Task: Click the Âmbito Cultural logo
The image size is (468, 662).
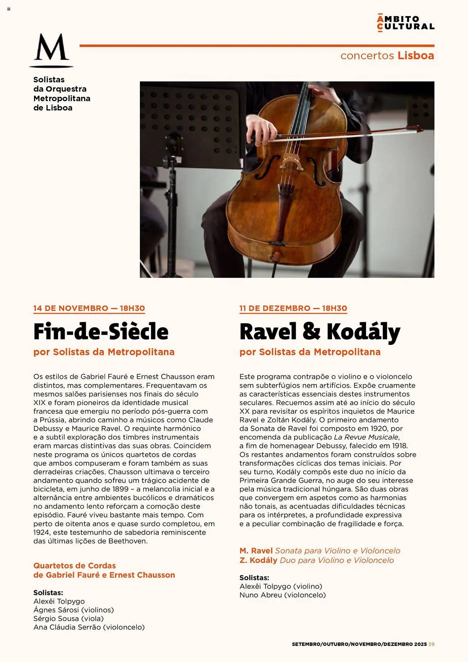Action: (405, 23)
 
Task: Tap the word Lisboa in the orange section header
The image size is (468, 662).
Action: (416, 56)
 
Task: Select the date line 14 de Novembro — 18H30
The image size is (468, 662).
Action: (89, 308)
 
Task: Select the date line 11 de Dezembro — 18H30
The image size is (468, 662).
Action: (293, 308)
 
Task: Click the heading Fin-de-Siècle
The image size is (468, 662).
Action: (101, 332)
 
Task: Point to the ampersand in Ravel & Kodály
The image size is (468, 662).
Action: (311, 331)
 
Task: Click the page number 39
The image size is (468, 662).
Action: (431, 644)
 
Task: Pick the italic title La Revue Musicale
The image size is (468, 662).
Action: (366, 437)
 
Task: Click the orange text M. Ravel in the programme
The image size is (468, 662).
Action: (256, 551)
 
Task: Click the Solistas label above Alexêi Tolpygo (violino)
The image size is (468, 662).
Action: (254, 578)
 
